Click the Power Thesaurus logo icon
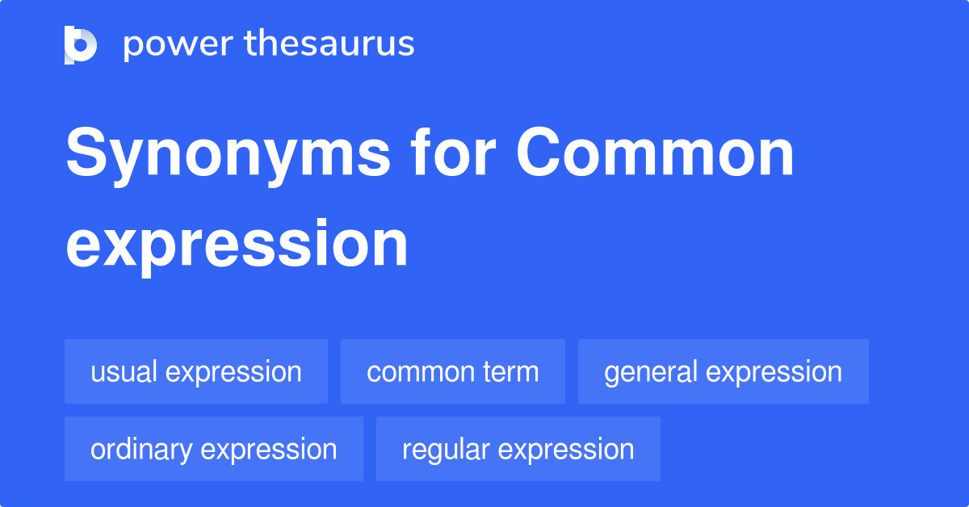pyautogui.click(x=81, y=44)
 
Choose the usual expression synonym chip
pyautogui.click(x=196, y=371)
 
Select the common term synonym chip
pyautogui.click(x=452, y=371)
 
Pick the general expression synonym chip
pyautogui.click(x=723, y=371)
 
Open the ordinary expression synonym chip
pyautogui.click(x=214, y=449)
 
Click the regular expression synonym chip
pyautogui.click(x=518, y=449)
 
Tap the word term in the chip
pyautogui.click(x=508, y=371)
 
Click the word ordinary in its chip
pyautogui.click(x=141, y=449)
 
